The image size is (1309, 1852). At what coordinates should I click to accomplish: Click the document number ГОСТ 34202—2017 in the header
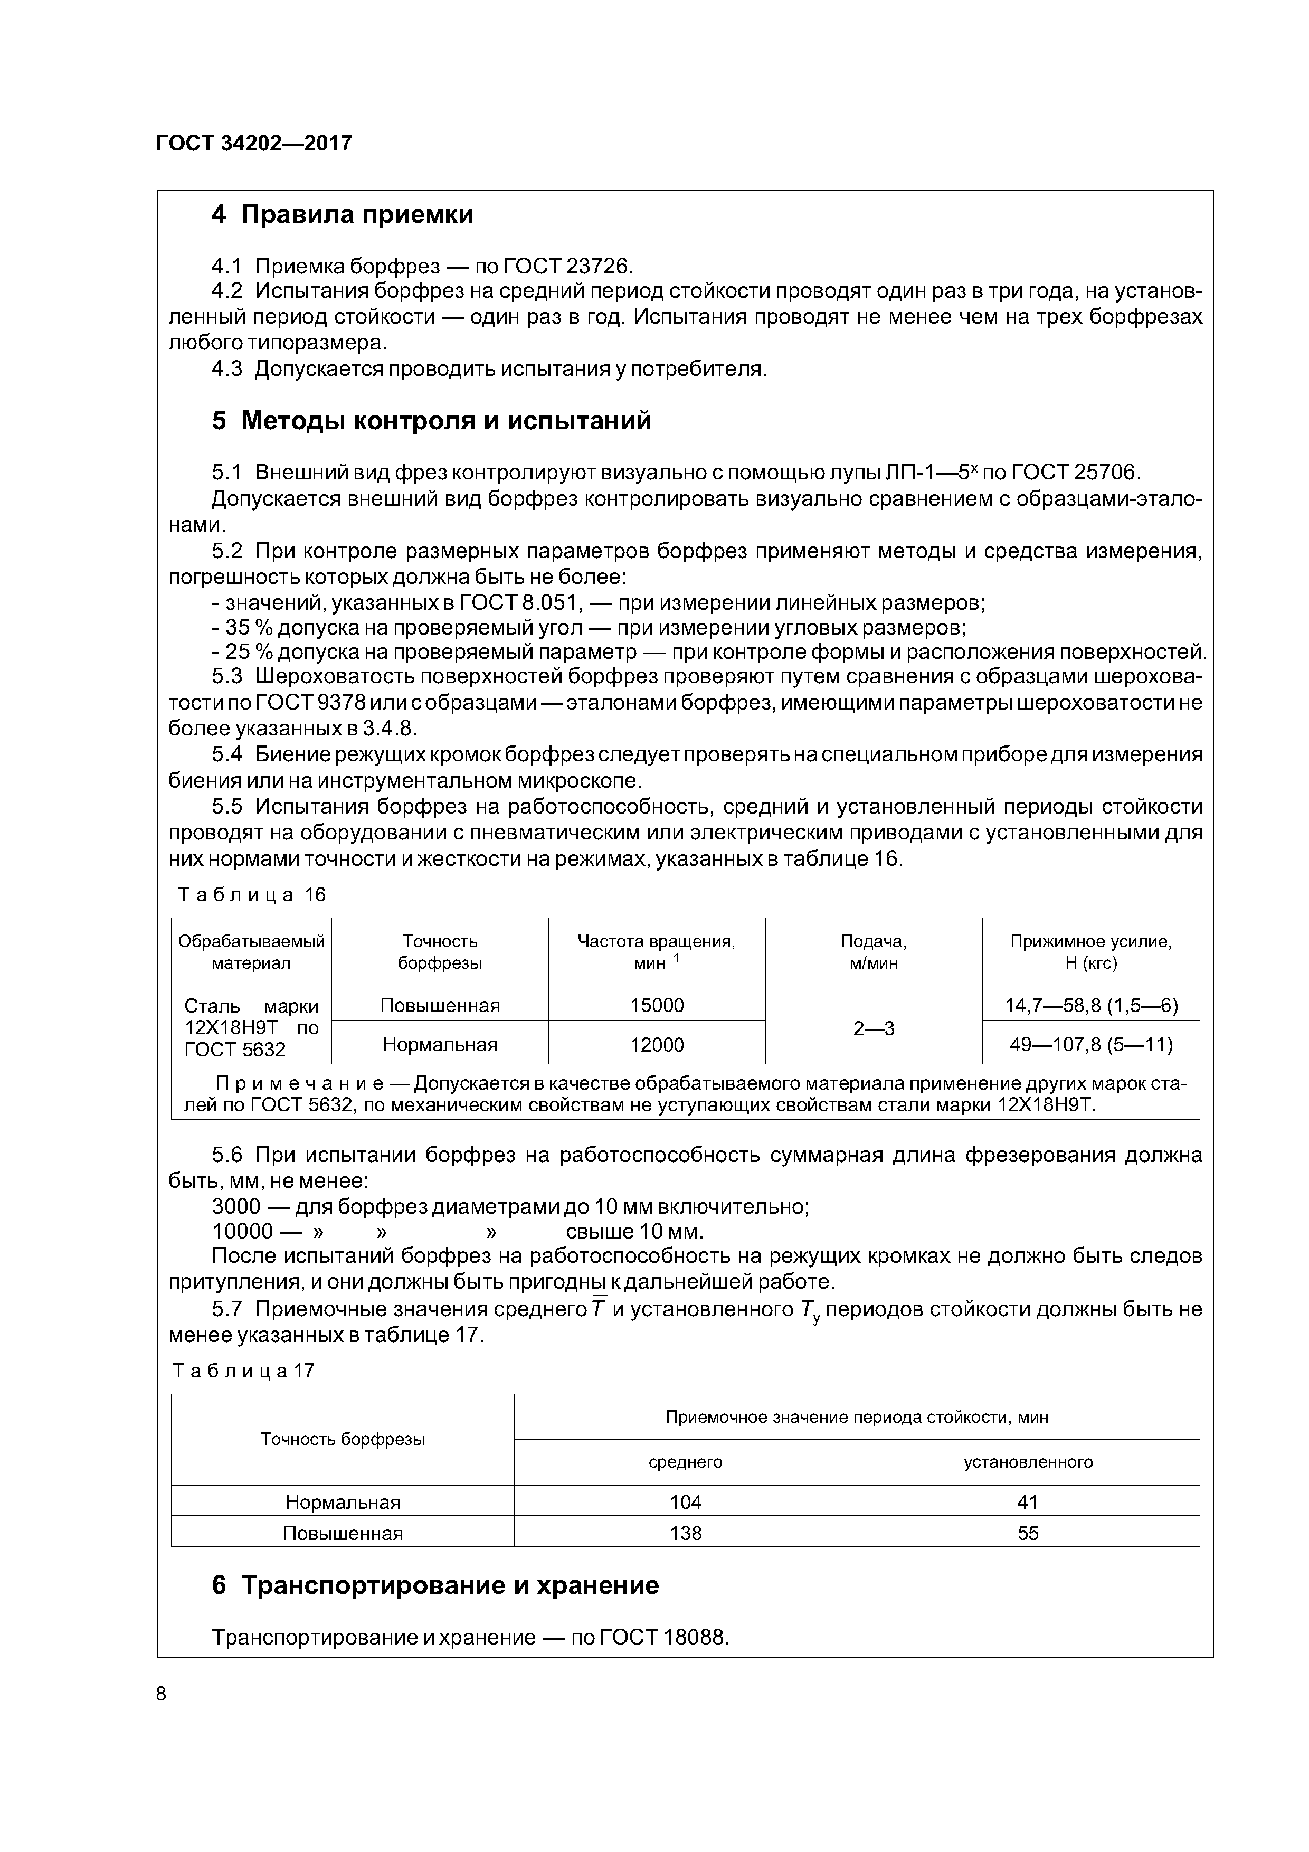coord(253,144)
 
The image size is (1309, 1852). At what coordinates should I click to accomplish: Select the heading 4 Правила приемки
coord(342,214)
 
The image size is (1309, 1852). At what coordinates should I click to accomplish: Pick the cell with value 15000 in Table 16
coord(657,1005)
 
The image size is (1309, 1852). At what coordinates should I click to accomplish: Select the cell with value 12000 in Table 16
coord(657,1045)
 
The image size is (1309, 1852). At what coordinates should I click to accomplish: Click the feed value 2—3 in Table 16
coord(874,1028)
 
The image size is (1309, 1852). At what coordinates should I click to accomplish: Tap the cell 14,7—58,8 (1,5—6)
coord(1090,1005)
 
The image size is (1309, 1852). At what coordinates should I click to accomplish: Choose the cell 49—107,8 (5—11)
coord(1090,1045)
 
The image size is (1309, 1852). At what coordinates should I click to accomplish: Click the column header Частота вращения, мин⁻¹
coord(657,952)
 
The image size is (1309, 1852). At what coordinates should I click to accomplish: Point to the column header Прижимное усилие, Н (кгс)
coord(1090,952)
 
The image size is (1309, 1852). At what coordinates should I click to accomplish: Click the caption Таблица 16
coord(252,894)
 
